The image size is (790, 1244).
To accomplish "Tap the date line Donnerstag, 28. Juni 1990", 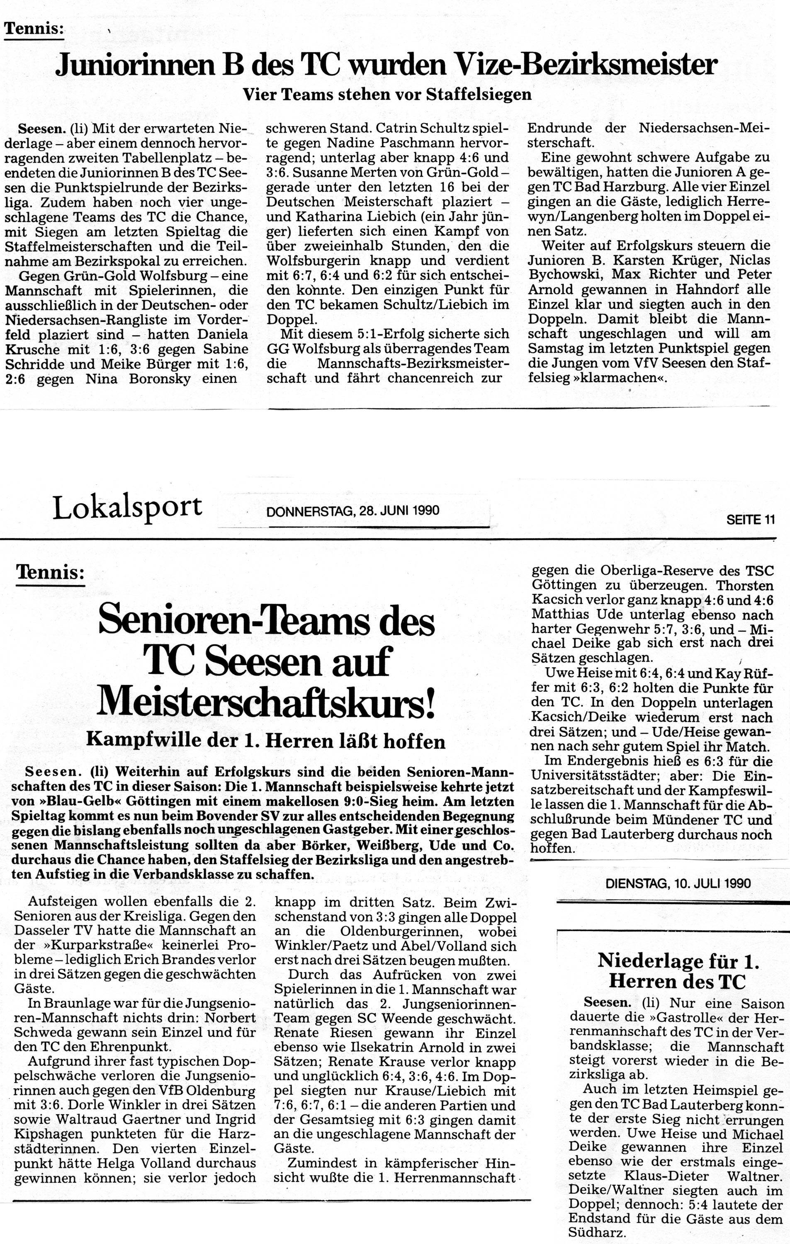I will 352,511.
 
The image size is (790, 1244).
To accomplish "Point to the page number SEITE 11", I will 750,520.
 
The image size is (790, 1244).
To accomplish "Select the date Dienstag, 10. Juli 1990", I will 678,882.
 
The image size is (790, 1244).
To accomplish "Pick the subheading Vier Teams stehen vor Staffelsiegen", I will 387,95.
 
